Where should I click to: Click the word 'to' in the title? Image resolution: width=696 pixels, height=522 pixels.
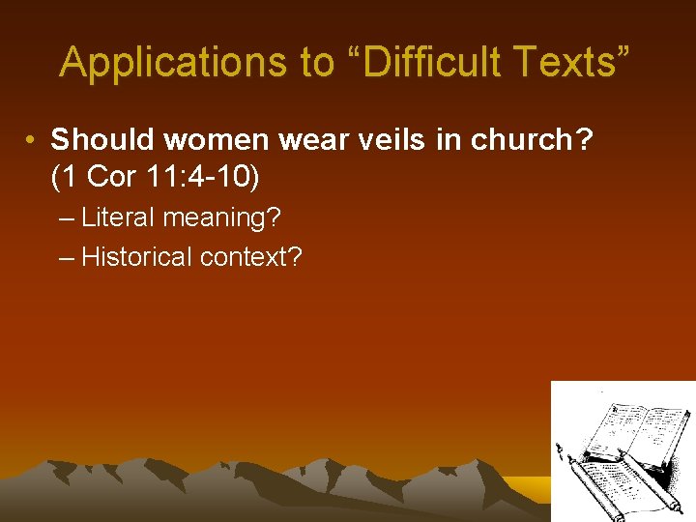(x=317, y=63)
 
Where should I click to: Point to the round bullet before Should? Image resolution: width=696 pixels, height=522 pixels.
(x=32, y=141)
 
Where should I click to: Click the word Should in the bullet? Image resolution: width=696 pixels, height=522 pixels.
(x=103, y=140)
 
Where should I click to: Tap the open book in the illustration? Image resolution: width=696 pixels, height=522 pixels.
(x=638, y=429)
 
